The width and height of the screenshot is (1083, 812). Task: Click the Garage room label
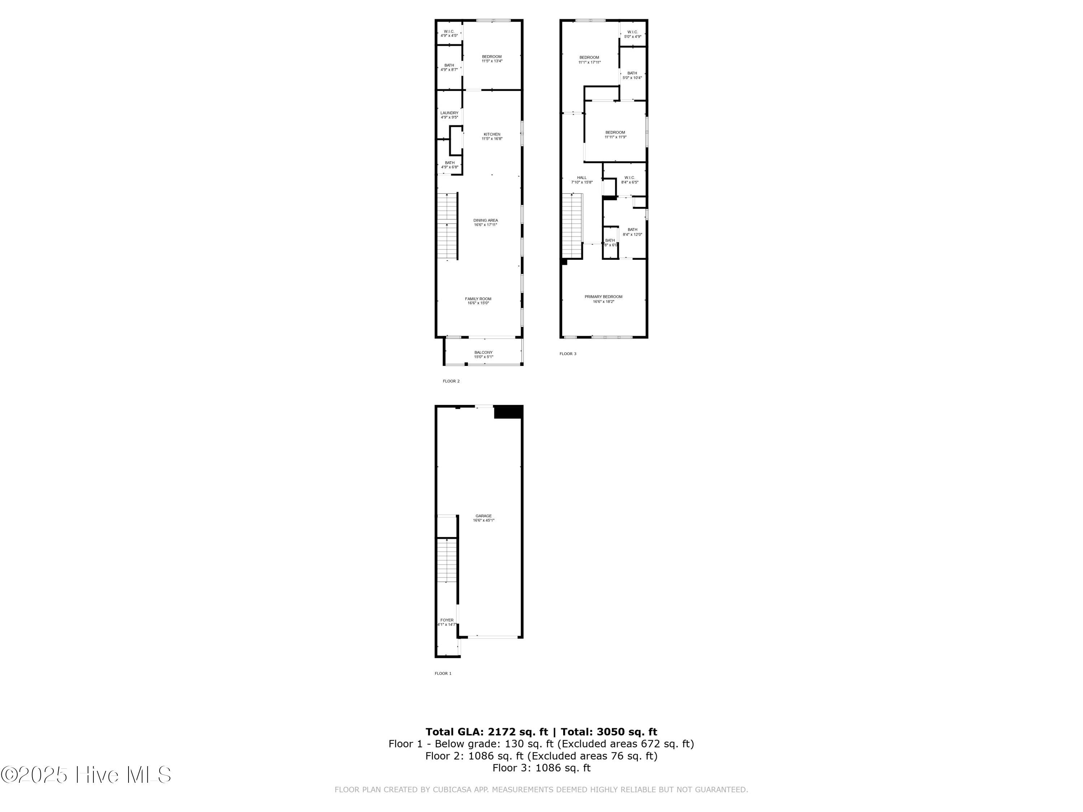pyautogui.click(x=483, y=518)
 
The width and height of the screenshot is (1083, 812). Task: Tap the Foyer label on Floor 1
pyautogui.click(x=447, y=622)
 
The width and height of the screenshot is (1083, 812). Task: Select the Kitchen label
pyautogui.click(x=492, y=136)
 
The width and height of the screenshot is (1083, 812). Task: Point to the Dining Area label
pyautogui.click(x=485, y=222)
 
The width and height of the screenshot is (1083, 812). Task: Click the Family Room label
pyautogui.click(x=478, y=301)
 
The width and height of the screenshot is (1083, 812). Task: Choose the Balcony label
pyautogui.click(x=483, y=354)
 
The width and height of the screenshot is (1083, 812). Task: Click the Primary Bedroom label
pyautogui.click(x=603, y=298)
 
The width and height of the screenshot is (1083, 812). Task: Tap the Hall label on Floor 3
pyautogui.click(x=582, y=180)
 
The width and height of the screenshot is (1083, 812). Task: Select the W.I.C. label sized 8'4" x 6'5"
pyautogui.click(x=629, y=180)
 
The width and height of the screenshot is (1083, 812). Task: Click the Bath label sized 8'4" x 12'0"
pyautogui.click(x=632, y=232)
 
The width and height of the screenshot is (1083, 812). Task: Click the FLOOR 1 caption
pyautogui.click(x=443, y=673)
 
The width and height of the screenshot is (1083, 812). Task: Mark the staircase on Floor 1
pyautogui.click(x=447, y=560)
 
